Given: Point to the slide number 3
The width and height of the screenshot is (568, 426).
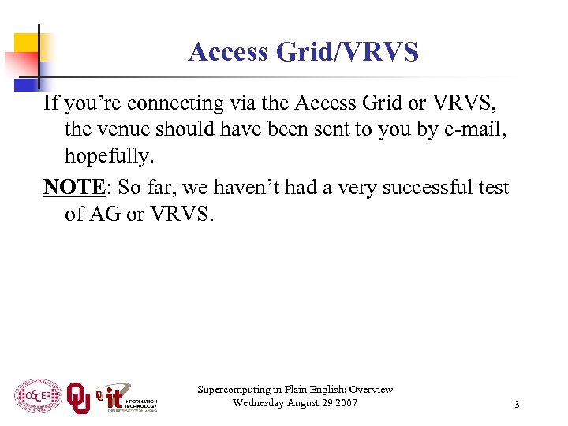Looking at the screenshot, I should (517, 405).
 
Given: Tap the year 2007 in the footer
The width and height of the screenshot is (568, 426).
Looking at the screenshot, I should (344, 403).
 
